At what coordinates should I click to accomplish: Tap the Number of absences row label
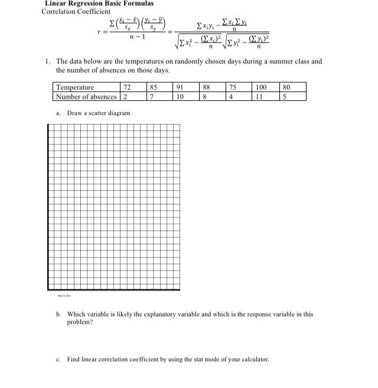click(x=86, y=96)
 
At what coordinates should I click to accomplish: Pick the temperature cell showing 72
click(x=126, y=87)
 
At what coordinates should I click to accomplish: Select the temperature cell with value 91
click(x=180, y=87)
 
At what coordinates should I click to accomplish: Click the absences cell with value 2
click(x=125, y=96)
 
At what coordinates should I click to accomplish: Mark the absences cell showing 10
click(x=180, y=96)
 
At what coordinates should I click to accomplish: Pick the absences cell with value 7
click(x=152, y=96)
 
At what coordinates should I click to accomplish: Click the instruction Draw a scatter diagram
click(x=98, y=113)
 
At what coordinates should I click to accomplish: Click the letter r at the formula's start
click(x=105, y=33)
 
